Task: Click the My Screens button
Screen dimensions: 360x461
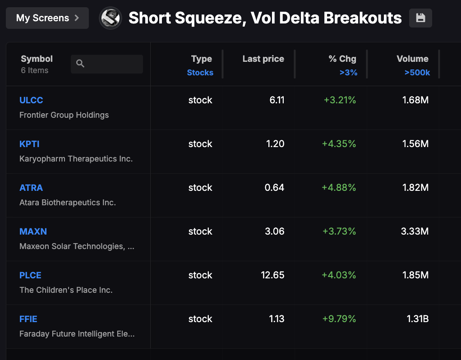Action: (x=47, y=18)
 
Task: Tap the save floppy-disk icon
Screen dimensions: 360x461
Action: (x=420, y=18)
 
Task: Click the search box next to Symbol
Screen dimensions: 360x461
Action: (x=107, y=64)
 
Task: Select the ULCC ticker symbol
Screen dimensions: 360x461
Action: (x=31, y=100)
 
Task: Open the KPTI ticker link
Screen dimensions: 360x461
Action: (x=29, y=144)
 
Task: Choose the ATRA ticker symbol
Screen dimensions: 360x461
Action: (x=31, y=188)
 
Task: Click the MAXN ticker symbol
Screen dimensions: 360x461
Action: (x=33, y=231)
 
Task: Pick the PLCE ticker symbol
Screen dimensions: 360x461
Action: (x=30, y=275)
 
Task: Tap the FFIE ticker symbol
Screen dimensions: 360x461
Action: (x=28, y=319)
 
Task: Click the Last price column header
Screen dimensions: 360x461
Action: (x=263, y=59)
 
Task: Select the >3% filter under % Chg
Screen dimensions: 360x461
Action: (x=348, y=73)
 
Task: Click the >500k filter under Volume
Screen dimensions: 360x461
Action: (x=417, y=73)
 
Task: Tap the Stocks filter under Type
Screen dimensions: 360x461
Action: (x=200, y=73)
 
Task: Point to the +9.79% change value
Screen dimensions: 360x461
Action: (x=339, y=319)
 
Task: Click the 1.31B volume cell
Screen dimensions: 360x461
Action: (x=417, y=319)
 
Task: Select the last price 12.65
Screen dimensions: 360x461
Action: (x=272, y=275)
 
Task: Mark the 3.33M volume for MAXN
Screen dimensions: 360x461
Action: (x=415, y=231)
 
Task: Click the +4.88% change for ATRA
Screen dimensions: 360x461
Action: (x=339, y=188)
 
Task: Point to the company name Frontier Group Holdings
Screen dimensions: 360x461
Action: (x=64, y=115)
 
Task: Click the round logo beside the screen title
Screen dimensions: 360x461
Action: (x=111, y=18)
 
